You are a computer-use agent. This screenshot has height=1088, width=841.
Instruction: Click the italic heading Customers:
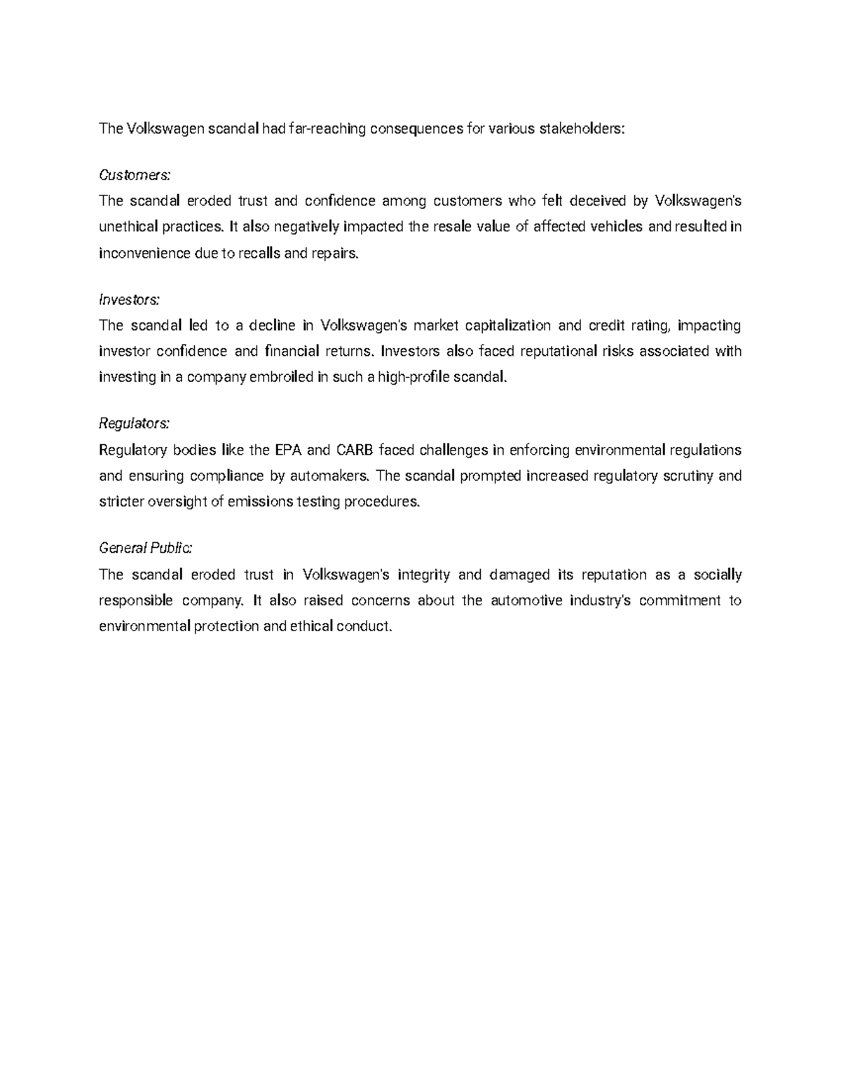pyautogui.click(x=135, y=174)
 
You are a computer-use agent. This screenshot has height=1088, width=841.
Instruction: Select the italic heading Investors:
pyautogui.click(x=130, y=299)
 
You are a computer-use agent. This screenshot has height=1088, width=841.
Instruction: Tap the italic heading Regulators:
pyautogui.click(x=134, y=423)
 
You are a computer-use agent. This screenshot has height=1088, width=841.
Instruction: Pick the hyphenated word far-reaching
pyautogui.click(x=329, y=128)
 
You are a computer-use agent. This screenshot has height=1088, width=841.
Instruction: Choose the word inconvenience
pyautogui.click(x=144, y=253)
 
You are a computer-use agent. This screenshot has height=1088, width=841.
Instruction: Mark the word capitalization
pyautogui.click(x=508, y=325)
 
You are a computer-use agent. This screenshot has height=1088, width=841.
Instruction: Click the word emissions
pyautogui.click(x=260, y=502)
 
